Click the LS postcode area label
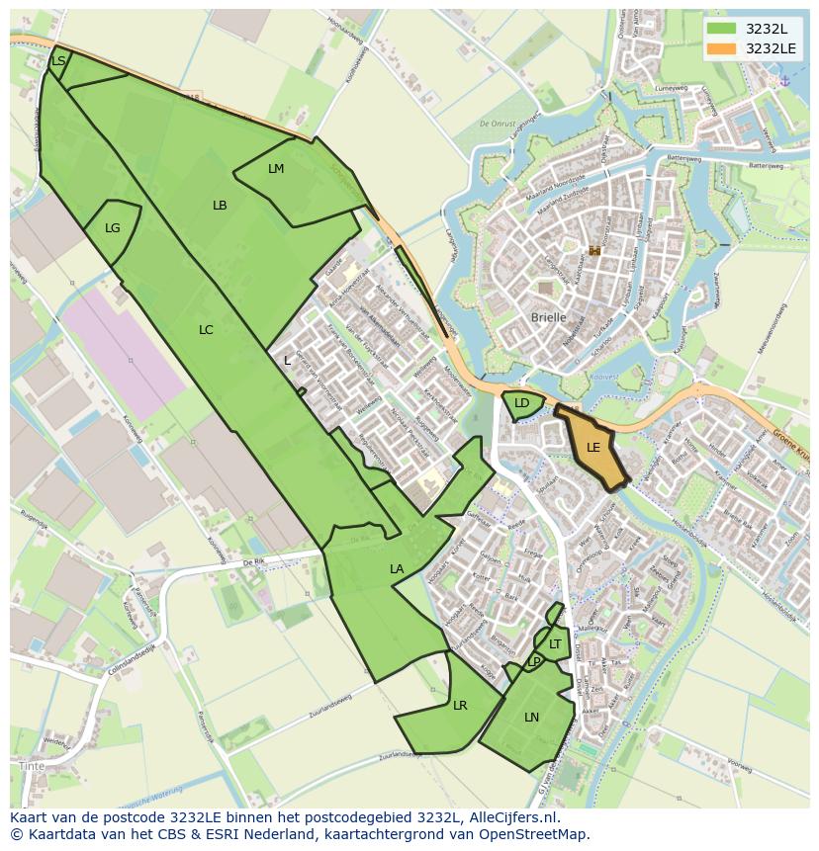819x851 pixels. (x=58, y=61)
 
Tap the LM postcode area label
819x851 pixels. (x=276, y=169)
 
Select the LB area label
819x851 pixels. (x=220, y=206)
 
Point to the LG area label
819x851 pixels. (x=113, y=228)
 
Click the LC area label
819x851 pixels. (x=206, y=330)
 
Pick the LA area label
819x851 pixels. (x=397, y=569)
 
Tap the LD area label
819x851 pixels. (x=521, y=403)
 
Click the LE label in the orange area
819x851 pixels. (x=593, y=448)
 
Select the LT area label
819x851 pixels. (x=555, y=644)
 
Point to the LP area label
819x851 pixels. (x=534, y=661)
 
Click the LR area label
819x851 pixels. (x=460, y=706)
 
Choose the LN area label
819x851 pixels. (x=532, y=718)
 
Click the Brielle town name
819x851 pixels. (x=549, y=317)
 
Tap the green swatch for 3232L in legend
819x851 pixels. (x=722, y=29)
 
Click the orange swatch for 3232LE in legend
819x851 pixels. (x=722, y=48)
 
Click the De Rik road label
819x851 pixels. (x=254, y=562)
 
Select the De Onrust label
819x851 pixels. (x=498, y=125)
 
